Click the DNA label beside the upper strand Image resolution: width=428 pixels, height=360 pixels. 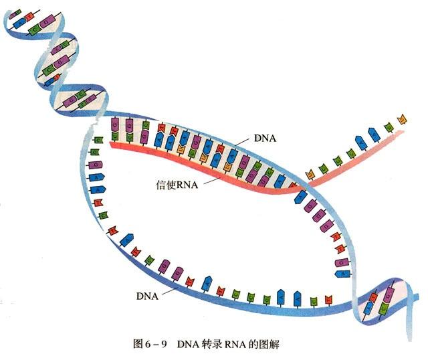(265, 139)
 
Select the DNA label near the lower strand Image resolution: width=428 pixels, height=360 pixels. (147, 293)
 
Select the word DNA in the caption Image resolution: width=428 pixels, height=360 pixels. (188, 345)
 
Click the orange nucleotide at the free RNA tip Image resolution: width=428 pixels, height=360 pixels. (402, 118)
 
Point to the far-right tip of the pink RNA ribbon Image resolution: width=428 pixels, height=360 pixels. (405, 132)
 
